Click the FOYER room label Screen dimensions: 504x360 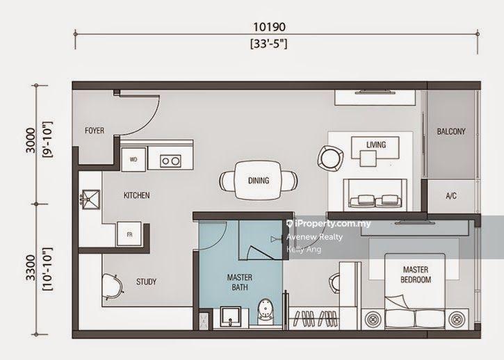pyautogui.click(x=95, y=131)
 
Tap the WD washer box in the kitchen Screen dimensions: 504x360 pyautogui.click(x=133, y=159)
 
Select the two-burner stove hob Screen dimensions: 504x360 pyautogui.click(x=171, y=161)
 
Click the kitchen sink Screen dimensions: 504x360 pyautogui.click(x=90, y=199)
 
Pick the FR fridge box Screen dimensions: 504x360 pyautogui.click(x=129, y=234)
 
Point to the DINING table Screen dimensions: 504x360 pyautogui.click(x=259, y=181)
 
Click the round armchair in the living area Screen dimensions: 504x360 pyautogui.click(x=330, y=158)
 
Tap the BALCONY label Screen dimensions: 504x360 pyautogui.click(x=451, y=131)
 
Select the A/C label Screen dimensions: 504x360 pyautogui.click(x=451, y=196)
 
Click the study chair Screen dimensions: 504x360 pyautogui.click(x=112, y=287)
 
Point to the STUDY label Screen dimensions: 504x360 pyautogui.click(x=146, y=282)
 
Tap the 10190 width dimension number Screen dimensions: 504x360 pyautogui.click(x=269, y=27)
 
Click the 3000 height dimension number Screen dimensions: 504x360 pyautogui.click(x=31, y=140)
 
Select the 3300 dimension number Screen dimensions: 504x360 pyautogui.click(x=31, y=268)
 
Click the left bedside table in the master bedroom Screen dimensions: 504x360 pyautogui.click(x=373, y=320)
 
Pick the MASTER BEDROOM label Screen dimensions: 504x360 pyautogui.click(x=416, y=275)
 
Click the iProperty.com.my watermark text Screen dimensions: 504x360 pyautogui.click(x=328, y=224)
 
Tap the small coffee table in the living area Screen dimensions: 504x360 pyautogui.click(x=368, y=158)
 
